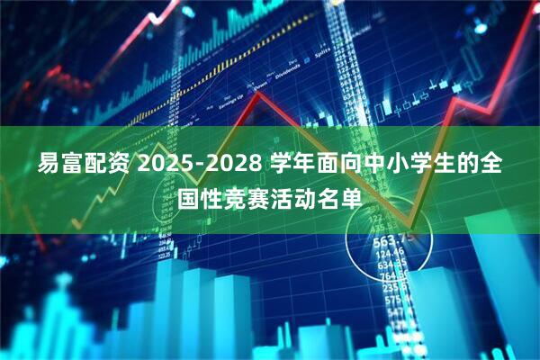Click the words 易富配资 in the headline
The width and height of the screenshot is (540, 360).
[x=84, y=166]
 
